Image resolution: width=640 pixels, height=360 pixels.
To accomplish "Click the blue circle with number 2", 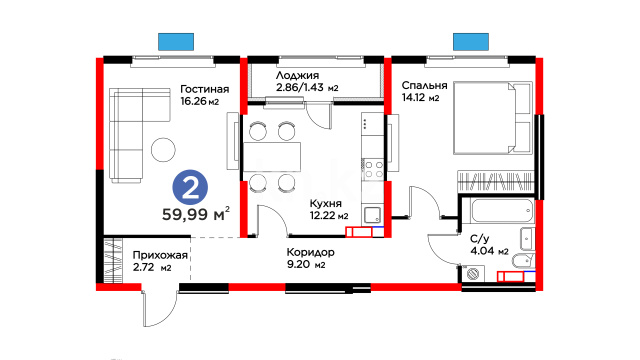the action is (190, 188).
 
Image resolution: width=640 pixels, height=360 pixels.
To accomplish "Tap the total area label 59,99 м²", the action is (196, 213).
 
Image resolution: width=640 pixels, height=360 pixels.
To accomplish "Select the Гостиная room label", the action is (204, 89).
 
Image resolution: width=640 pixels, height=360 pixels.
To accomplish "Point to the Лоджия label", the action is (297, 76).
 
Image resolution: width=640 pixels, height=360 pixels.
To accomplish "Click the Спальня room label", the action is (424, 85).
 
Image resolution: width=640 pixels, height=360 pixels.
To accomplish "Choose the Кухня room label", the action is (325, 203).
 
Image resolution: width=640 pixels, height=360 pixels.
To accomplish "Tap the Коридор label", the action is (310, 252).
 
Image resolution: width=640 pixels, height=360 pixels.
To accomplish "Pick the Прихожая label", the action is (160, 256).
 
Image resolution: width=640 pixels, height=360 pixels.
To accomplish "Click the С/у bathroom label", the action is (478, 239).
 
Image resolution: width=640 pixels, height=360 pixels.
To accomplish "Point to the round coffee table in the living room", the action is (163, 150).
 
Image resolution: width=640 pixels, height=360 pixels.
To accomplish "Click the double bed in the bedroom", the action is (493, 118).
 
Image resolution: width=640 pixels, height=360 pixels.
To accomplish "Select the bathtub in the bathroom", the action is (502, 211).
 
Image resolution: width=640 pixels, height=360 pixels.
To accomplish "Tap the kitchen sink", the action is (373, 215).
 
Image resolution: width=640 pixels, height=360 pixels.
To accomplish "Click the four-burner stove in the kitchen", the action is (373, 170).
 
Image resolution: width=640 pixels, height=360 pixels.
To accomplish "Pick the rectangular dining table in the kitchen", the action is (272, 157).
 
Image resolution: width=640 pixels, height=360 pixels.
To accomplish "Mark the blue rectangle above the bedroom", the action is (471, 42).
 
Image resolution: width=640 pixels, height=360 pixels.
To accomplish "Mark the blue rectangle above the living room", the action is (176, 42).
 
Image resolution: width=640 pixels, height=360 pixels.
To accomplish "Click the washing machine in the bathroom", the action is (474, 273).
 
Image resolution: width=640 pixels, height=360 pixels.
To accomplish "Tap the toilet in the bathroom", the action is (522, 260).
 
